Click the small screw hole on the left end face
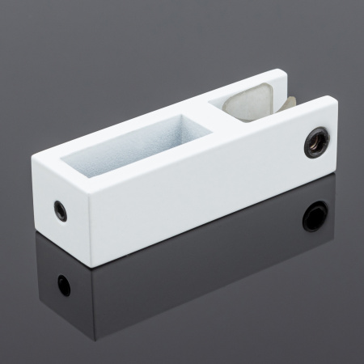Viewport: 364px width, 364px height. (x=61, y=208)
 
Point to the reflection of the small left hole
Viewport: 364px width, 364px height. (x=63, y=285)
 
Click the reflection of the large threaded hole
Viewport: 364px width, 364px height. (x=315, y=216)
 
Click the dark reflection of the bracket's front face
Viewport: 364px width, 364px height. (x=202, y=267)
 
